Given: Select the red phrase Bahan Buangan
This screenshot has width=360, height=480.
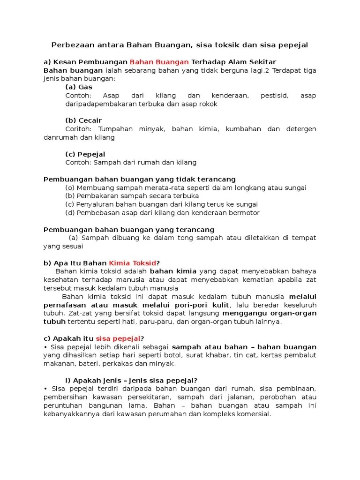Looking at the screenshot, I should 159,62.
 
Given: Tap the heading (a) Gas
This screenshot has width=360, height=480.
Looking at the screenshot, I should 79,87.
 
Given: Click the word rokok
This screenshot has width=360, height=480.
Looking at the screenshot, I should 208,104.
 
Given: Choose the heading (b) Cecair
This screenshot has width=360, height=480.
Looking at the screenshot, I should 83,120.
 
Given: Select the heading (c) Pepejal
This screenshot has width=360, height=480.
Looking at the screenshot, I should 85,154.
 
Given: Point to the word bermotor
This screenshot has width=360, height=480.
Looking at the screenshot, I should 245,213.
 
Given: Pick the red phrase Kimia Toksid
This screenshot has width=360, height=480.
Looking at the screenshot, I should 133,263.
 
